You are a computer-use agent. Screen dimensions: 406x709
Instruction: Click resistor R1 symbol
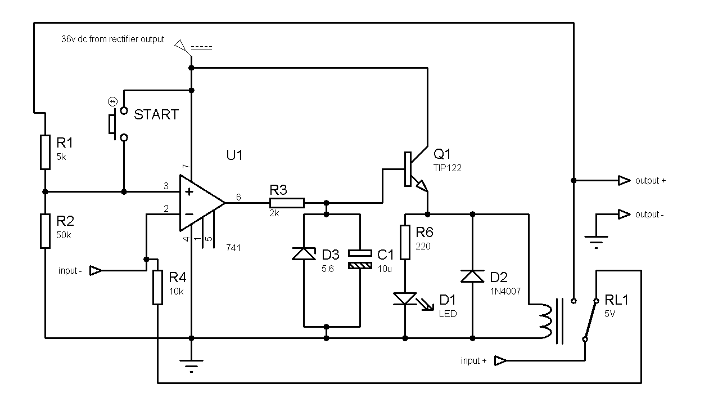(45, 152)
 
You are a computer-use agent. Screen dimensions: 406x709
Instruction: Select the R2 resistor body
(45, 231)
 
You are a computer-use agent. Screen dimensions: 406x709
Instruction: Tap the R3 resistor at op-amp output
(287, 203)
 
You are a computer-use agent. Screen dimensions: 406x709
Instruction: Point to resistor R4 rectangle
(157, 287)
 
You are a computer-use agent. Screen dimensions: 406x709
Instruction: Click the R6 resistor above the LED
(405, 242)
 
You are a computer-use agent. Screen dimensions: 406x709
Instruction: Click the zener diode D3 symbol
(304, 254)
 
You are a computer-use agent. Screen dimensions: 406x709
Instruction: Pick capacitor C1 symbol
(360, 259)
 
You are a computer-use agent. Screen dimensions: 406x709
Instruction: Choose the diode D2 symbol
(472, 276)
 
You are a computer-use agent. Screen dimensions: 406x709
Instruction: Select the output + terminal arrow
(624, 180)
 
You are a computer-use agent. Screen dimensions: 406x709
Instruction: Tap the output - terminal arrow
(624, 214)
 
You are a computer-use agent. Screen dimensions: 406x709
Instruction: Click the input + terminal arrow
(500, 360)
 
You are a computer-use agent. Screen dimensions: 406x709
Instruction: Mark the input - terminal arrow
(96, 271)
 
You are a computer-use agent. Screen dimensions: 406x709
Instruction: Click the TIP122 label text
(447, 168)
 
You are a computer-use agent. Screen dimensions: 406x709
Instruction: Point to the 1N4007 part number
(505, 291)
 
